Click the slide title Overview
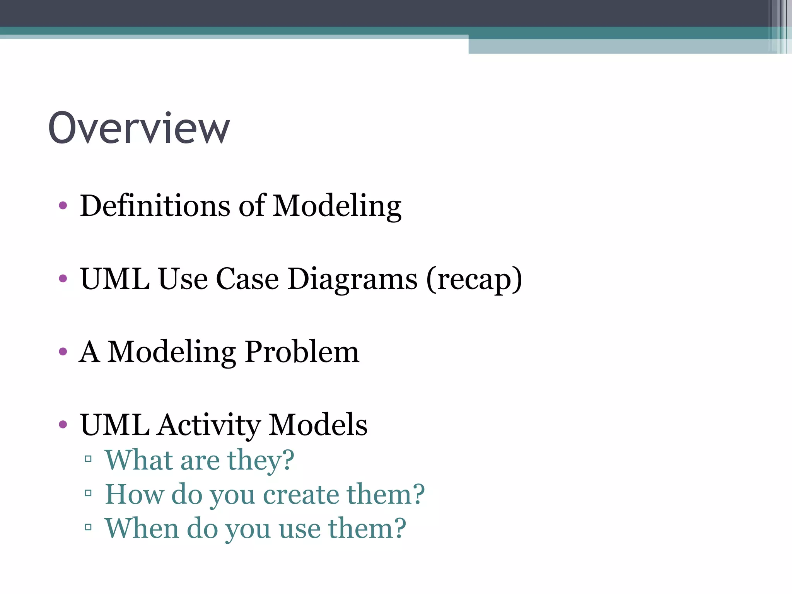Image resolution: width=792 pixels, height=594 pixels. coord(139,128)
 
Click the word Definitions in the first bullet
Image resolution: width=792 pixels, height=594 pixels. coord(155,206)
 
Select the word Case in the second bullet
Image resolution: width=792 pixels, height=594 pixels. coord(247,279)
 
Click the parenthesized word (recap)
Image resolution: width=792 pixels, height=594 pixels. coord(474,280)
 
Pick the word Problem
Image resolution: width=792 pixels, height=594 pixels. coord(302,352)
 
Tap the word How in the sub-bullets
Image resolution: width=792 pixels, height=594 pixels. coord(135,494)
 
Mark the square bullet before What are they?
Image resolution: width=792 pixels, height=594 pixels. coord(88,459)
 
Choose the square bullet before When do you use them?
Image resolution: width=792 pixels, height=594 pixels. coord(88,527)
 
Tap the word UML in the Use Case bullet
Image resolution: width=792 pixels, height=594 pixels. coord(115,279)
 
